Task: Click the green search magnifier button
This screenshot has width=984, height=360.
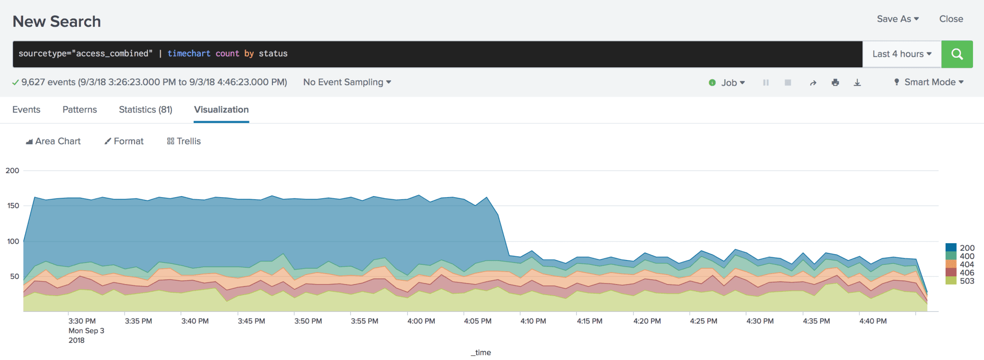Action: (957, 54)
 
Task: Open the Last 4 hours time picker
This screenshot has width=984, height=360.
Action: (901, 54)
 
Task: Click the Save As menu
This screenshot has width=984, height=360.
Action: (897, 19)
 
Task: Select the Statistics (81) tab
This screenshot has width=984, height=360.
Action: (146, 110)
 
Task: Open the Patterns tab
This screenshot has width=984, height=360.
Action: (80, 110)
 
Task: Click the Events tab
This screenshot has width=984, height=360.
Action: (26, 110)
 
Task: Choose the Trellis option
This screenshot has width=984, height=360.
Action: (184, 141)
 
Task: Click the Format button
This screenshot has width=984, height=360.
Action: (124, 141)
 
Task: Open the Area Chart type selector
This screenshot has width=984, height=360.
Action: (53, 141)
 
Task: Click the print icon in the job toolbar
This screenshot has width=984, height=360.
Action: (835, 83)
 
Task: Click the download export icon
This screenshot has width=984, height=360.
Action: (857, 83)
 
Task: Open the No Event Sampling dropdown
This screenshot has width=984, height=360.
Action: (347, 82)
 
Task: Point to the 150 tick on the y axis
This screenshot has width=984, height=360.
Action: (13, 206)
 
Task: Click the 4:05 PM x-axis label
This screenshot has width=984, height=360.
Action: (478, 321)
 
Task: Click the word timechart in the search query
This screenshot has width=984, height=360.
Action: (189, 53)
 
